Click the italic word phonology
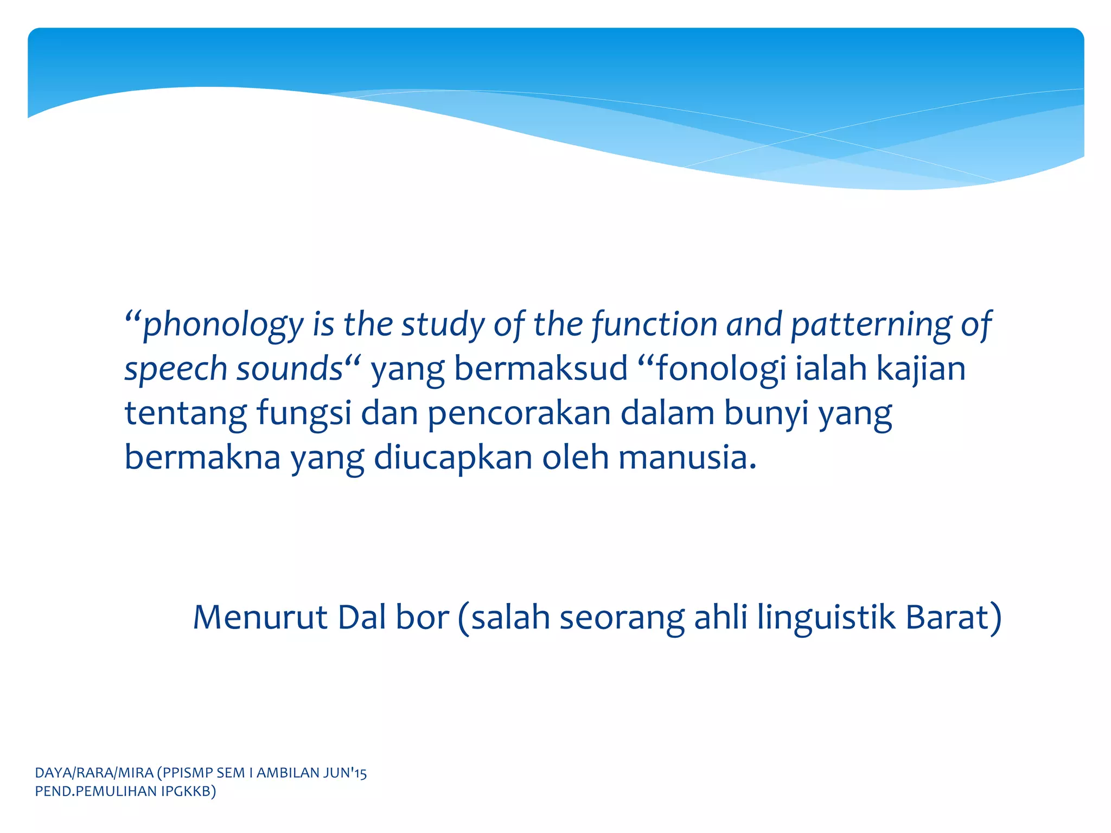222,325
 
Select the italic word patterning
871,325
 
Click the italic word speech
175,370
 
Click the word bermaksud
540,370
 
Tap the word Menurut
260,618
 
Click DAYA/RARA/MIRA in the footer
94,773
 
